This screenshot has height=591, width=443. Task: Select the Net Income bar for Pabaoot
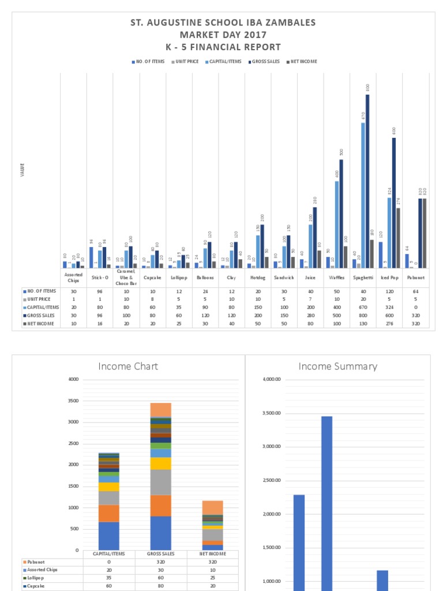click(x=425, y=233)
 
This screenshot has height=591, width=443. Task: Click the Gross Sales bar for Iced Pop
click(x=394, y=203)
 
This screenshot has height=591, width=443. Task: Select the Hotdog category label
click(x=257, y=277)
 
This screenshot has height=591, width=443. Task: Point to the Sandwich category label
click(x=284, y=277)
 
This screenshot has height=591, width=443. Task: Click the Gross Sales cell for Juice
click(x=310, y=316)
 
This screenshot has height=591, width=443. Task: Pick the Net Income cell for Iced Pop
click(x=389, y=324)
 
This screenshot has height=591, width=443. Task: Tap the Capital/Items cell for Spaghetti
click(x=363, y=308)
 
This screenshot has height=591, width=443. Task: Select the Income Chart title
click(x=128, y=366)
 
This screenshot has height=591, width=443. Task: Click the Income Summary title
click(x=338, y=366)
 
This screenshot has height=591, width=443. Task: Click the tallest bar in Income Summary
click(x=326, y=502)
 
